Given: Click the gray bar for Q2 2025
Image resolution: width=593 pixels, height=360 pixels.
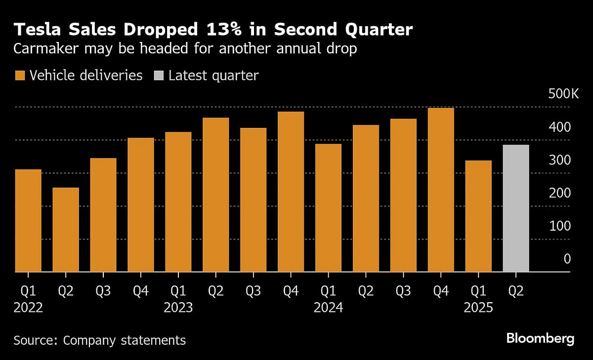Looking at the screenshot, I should pos(516,208).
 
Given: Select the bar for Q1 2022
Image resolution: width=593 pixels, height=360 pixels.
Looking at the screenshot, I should pos(28,221).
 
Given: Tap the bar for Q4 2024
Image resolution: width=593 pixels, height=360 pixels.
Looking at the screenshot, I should pos(441,190).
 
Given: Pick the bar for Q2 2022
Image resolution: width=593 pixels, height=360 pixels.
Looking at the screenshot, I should pos(66,230).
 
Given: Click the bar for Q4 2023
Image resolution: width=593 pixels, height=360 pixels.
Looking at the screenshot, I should pos(291,192).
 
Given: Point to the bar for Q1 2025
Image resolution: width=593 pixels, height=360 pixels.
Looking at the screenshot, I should pos(478,216).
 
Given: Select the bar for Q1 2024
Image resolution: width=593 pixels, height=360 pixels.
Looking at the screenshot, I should pos(328,208).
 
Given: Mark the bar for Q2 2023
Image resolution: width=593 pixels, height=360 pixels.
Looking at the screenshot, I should pos(216,195).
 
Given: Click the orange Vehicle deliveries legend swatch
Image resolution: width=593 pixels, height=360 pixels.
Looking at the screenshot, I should pos(20,76).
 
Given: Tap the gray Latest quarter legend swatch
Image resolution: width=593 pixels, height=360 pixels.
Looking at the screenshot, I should pos(159,76).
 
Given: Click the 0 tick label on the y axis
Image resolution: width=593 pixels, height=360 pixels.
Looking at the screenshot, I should pos(567,259).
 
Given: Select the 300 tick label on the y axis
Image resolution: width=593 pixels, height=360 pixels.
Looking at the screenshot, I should pos(560,160).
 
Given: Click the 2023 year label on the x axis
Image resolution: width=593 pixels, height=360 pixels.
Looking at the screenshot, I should pos(178,308).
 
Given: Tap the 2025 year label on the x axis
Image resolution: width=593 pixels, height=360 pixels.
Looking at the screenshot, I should pos(478,308).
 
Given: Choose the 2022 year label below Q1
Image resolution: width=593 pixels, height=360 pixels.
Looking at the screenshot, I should pos(28,308).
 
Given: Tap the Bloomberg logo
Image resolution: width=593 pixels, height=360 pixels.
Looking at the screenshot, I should pos(540,339).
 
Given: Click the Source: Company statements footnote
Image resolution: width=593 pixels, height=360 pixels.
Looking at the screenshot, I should pos(100,340).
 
